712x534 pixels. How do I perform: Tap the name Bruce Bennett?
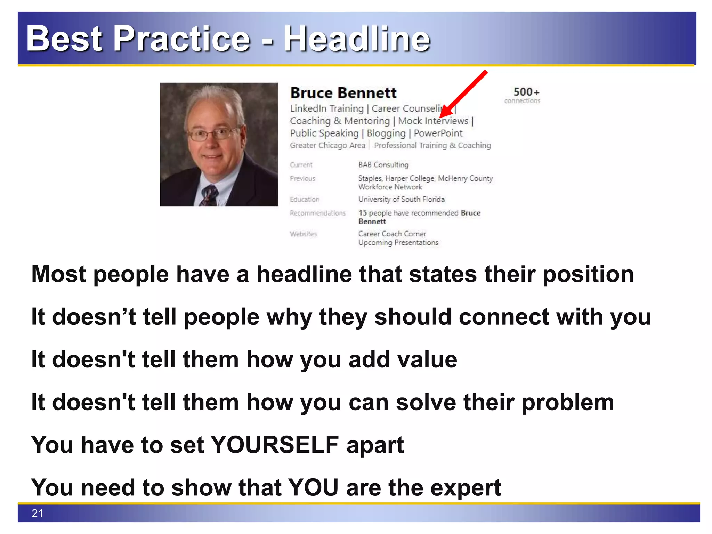click(x=343, y=93)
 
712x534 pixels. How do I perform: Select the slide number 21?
click(x=37, y=513)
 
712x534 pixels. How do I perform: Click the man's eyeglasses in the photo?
click(x=213, y=134)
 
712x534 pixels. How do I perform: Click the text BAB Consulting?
click(x=383, y=165)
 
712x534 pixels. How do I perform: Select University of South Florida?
click(x=402, y=199)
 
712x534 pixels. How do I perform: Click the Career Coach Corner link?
click(x=392, y=234)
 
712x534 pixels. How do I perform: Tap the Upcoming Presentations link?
click(x=398, y=243)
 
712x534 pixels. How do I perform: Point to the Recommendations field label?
click(x=318, y=213)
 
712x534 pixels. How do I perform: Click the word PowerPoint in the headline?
click(x=438, y=133)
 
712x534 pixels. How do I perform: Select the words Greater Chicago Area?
click(x=327, y=145)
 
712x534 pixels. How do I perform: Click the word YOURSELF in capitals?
click(x=275, y=445)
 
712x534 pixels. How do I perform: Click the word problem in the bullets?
click(x=568, y=402)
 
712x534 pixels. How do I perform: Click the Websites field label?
click(x=304, y=234)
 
